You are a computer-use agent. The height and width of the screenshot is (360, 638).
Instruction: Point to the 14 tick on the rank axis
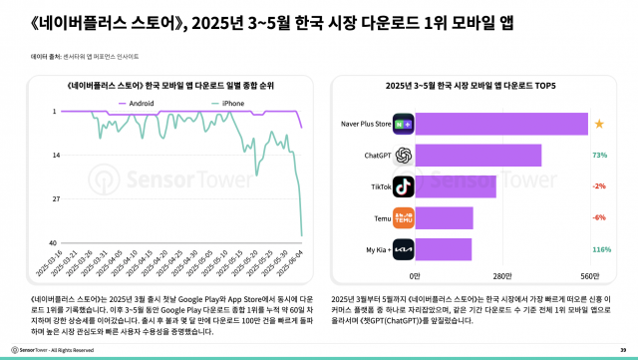tap(55, 156)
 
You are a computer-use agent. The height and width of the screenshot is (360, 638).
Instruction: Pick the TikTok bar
tap(455, 186)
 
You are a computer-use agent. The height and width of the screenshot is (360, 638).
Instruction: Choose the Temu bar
tap(444, 217)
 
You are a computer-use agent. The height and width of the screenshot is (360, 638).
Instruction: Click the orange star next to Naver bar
tap(599, 124)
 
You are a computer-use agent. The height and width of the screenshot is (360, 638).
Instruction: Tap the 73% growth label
tap(600, 156)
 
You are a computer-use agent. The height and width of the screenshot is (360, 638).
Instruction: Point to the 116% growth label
tap(601, 249)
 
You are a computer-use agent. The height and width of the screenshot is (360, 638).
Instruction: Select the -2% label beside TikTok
tap(600, 186)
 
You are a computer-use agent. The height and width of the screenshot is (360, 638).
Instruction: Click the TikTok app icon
tap(403, 186)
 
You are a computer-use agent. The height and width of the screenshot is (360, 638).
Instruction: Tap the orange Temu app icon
tap(403, 217)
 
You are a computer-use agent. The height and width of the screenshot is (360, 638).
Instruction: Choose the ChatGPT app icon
tap(403, 156)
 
